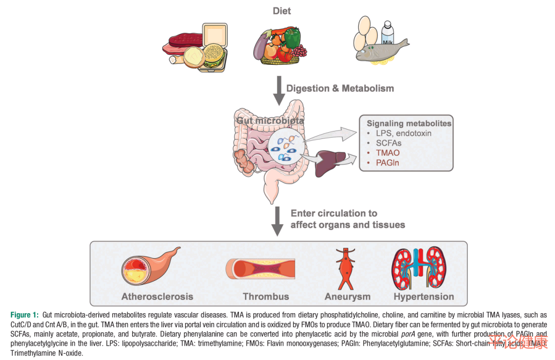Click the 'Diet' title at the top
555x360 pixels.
(282, 11)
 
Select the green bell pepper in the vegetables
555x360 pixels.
(292, 37)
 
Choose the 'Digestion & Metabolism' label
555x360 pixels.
(340, 88)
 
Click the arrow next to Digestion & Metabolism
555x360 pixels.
(278, 91)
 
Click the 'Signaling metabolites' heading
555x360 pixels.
(409, 123)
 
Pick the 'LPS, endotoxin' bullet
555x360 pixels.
(403, 133)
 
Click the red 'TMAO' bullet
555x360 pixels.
(387, 153)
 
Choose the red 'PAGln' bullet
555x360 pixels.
(387, 163)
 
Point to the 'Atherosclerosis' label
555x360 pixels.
(157, 296)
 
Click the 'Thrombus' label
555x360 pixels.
(266, 296)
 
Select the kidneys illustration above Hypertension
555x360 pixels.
(422, 267)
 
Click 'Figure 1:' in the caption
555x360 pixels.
(25, 314)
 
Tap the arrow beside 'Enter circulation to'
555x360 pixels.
(278, 220)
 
